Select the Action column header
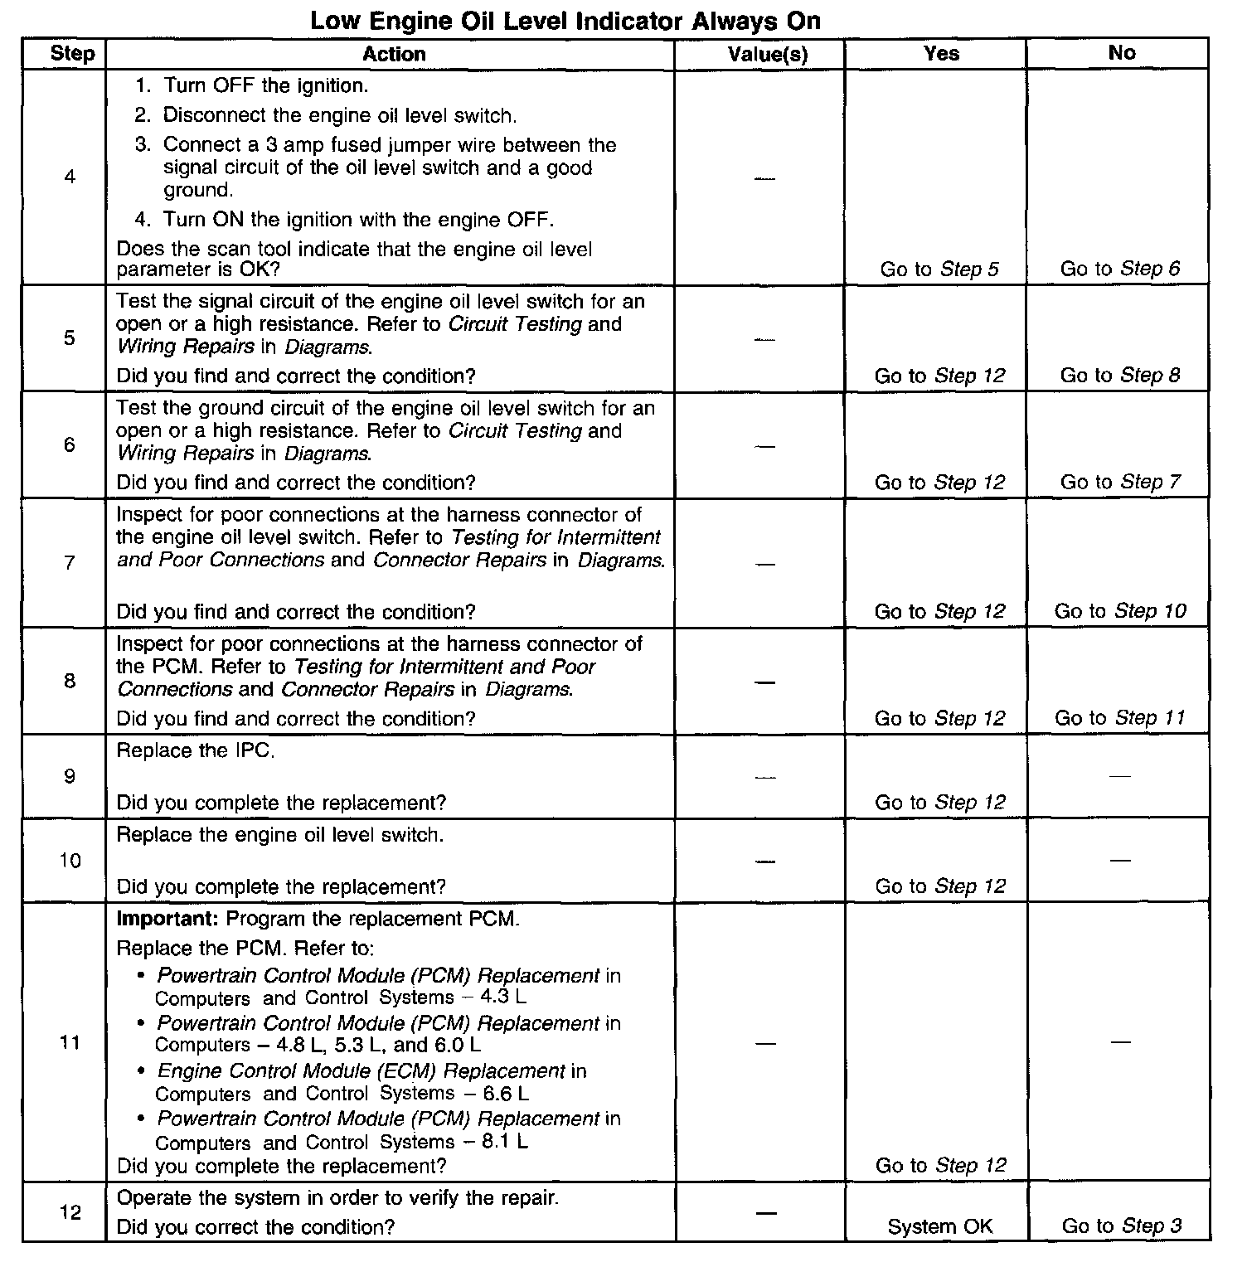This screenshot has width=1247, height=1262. click(394, 54)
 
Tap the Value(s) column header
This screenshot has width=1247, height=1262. click(767, 55)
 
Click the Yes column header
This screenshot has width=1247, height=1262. click(941, 54)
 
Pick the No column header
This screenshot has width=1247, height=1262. click(1121, 53)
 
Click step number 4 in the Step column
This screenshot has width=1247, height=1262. click(70, 177)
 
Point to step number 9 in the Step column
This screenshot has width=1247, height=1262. click(70, 777)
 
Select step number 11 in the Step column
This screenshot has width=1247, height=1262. click(70, 1042)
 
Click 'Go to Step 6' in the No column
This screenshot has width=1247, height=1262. click(1120, 269)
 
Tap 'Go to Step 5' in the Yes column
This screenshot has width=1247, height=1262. click(939, 269)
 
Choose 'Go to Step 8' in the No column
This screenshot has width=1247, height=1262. click(1120, 376)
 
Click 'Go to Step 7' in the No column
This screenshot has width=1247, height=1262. click(1120, 483)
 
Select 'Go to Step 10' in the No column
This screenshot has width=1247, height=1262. click(1120, 612)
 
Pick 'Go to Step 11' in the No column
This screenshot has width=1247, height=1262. click(1120, 718)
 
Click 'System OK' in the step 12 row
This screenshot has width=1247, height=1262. click(939, 1226)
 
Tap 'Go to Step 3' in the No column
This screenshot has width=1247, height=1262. click(1121, 1226)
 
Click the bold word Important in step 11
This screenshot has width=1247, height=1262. click(167, 920)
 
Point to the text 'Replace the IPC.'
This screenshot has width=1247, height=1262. click(196, 751)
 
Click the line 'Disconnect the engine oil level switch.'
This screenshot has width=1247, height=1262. click(339, 115)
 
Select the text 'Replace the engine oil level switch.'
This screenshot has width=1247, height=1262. click(280, 835)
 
